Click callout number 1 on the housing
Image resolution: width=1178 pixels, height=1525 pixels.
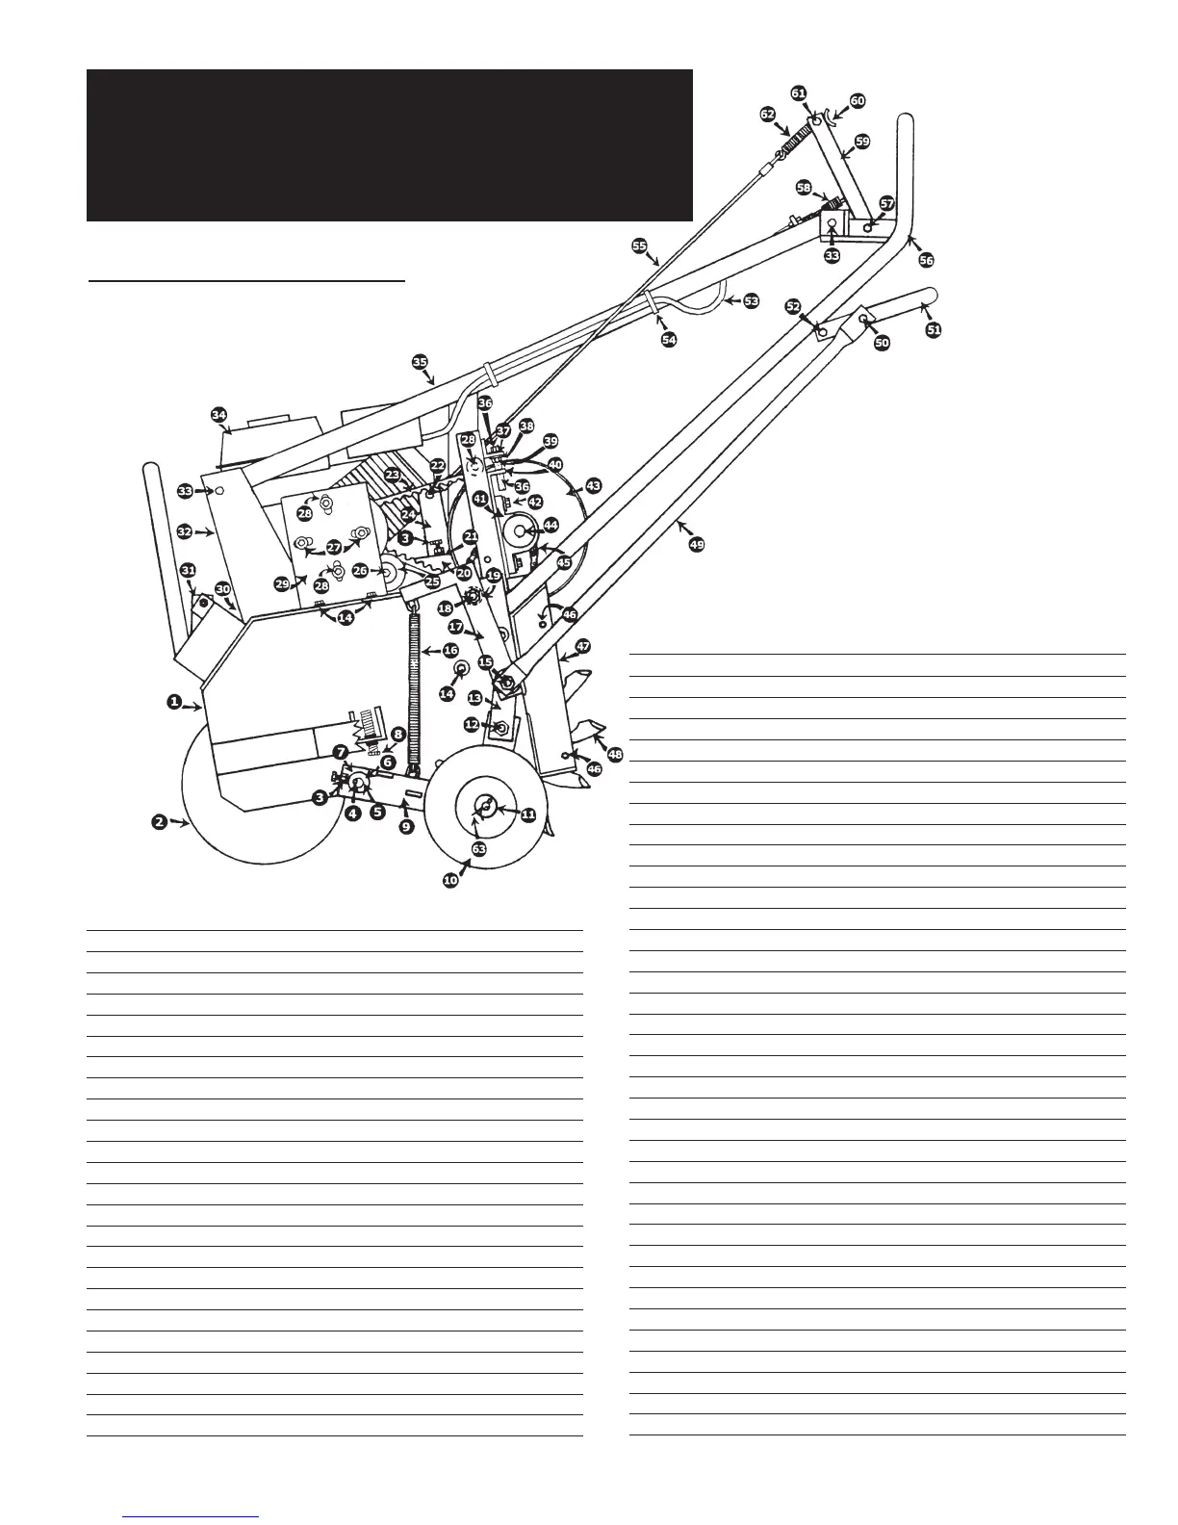point(175,703)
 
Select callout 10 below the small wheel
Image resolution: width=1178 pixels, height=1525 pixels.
point(450,880)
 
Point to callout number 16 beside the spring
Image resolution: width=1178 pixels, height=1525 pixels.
point(450,651)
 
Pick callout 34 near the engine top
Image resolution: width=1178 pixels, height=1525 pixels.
point(219,415)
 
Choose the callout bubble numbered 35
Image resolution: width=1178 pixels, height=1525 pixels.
point(420,361)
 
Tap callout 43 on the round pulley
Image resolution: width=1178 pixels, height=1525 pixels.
point(593,486)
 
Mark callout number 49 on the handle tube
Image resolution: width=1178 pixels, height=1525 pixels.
point(697,544)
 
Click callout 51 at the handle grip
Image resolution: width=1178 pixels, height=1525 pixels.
point(934,329)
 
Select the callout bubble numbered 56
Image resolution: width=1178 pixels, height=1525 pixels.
point(926,260)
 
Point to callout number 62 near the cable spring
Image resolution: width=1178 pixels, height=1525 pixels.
point(768,114)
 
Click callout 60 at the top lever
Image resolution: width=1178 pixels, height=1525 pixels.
point(857,101)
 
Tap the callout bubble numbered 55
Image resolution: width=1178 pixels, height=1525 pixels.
point(639,246)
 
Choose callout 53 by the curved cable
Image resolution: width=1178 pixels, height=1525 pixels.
point(751,300)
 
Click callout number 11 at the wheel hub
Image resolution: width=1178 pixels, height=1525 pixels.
point(528,814)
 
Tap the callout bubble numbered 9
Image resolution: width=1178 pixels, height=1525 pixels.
point(407,827)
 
